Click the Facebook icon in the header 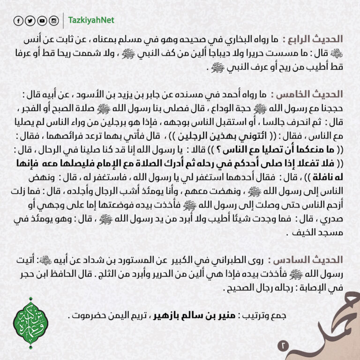(x=18, y=21)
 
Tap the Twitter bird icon (x=30, y=21)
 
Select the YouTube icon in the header (x=42, y=21)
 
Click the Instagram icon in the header (x=54, y=21)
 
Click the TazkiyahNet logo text (x=91, y=21)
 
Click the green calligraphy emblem (x=31, y=323)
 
